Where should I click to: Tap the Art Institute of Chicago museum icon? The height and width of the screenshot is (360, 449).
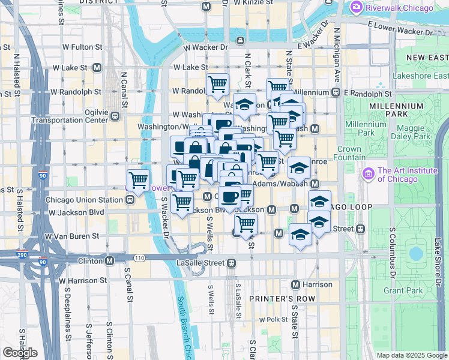(x=368, y=174)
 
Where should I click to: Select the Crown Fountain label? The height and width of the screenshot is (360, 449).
(x=349, y=153)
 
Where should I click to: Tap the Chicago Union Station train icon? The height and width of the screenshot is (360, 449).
(x=130, y=200)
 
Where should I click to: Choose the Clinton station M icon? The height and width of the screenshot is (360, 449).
(x=110, y=261)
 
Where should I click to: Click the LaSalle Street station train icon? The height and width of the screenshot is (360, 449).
(x=231, y=262)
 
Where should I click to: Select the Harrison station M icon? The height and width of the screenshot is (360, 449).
(x=295, y=284)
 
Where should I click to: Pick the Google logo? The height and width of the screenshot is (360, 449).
(x=20, y=353)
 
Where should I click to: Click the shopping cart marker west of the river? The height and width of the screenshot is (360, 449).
(x=139, y=179)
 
